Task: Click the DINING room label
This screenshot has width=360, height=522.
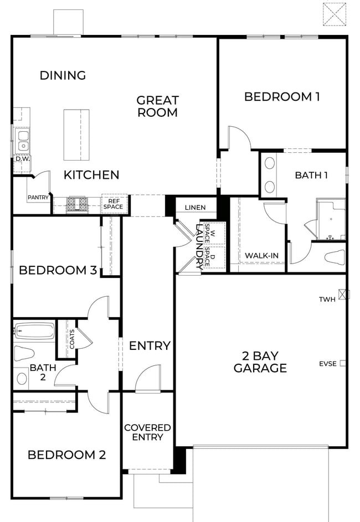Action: tap(63, 75)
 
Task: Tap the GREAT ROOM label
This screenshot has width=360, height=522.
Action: tap(158, 106)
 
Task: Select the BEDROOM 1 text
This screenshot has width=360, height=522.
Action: tap(282, 97)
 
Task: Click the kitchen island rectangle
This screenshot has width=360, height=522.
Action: tap(76, 135)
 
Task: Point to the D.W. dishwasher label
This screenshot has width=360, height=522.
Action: tap(22, 159)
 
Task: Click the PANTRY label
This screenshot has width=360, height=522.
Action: tap(38, 197)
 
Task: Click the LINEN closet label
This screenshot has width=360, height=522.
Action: tap(195, 208)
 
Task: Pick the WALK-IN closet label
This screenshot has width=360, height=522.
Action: tap(261, 255)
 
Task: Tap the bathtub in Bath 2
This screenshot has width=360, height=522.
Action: tap(34, 332)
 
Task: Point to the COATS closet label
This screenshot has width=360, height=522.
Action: tap(71, 339)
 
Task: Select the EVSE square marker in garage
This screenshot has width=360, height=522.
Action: tap(343, 364)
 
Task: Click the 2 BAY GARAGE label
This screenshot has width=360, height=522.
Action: tap(260, 361)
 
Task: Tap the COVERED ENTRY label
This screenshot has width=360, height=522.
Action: tap(147, 432)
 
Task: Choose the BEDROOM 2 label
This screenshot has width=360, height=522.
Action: tap(66, 455)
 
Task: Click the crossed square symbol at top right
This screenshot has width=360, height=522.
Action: tap(335, 14)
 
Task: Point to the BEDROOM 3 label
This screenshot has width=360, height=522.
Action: tap(58, 271)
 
